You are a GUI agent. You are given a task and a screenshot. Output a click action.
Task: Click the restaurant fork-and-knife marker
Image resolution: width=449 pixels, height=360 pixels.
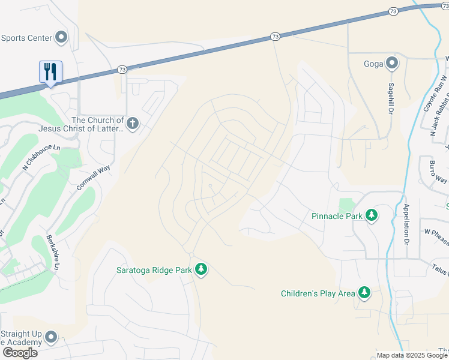coord(51,71)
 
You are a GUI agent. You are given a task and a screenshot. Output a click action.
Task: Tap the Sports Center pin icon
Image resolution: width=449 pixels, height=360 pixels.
coord(61,38)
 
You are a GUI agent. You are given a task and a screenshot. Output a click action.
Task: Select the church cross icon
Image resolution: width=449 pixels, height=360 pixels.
coord(133,124)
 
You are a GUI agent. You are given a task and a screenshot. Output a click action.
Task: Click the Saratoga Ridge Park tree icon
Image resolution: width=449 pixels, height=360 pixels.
coord(201,269)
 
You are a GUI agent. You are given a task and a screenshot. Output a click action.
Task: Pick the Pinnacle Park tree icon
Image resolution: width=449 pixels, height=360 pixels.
coord(372,215)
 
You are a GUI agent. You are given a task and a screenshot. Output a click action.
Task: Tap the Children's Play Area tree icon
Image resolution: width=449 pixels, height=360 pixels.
coord(364,293)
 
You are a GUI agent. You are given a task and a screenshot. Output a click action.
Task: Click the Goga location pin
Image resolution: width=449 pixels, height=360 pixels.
coord(392,63)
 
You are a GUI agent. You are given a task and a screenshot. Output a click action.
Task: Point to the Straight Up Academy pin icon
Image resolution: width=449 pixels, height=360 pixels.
coord(51,337)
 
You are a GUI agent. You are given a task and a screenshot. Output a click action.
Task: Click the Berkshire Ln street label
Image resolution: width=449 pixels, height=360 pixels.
coord(54,251)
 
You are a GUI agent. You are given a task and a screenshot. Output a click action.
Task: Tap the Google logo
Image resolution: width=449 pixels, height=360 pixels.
coord(20,353)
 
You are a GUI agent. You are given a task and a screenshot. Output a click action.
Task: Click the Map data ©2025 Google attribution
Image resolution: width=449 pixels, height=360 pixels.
coord(412,355)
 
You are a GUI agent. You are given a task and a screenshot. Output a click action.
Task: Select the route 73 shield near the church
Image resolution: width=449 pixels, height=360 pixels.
coord(122,70)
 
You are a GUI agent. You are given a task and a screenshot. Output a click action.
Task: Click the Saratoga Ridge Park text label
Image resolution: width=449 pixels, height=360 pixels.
coord(154,270)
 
